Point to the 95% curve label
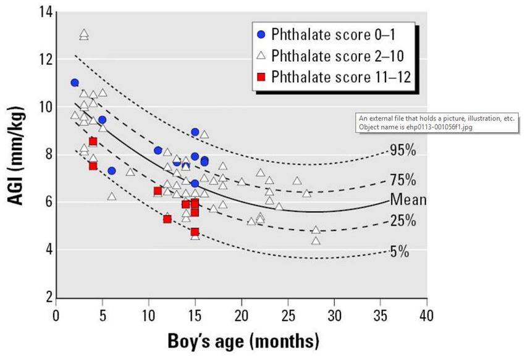coord(402,150)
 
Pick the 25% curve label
coord(402,220)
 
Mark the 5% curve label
coord(398,251)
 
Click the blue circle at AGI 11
coord(75,83)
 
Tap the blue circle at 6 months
coord(112,171)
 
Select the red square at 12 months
coord(167,219)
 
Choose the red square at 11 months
coord(157,191)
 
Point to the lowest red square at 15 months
coord(195,232)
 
